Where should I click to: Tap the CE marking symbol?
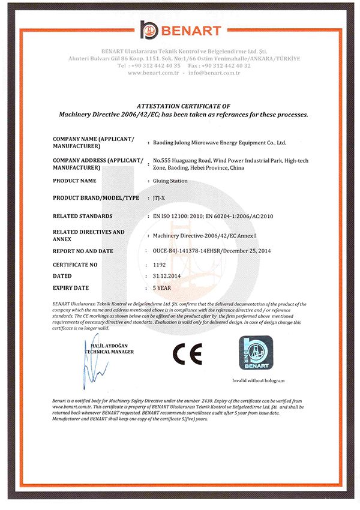click(187, 354)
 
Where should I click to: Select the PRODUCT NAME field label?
click(74, 181)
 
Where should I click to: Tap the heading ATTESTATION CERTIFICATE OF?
click(179, 105)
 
